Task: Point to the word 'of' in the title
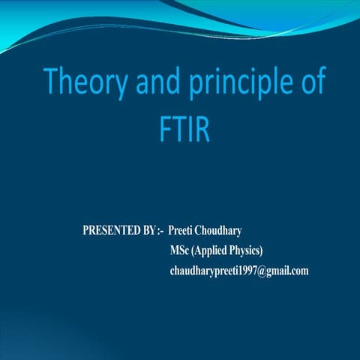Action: coord(312,84)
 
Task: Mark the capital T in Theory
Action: coord(51,83)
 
